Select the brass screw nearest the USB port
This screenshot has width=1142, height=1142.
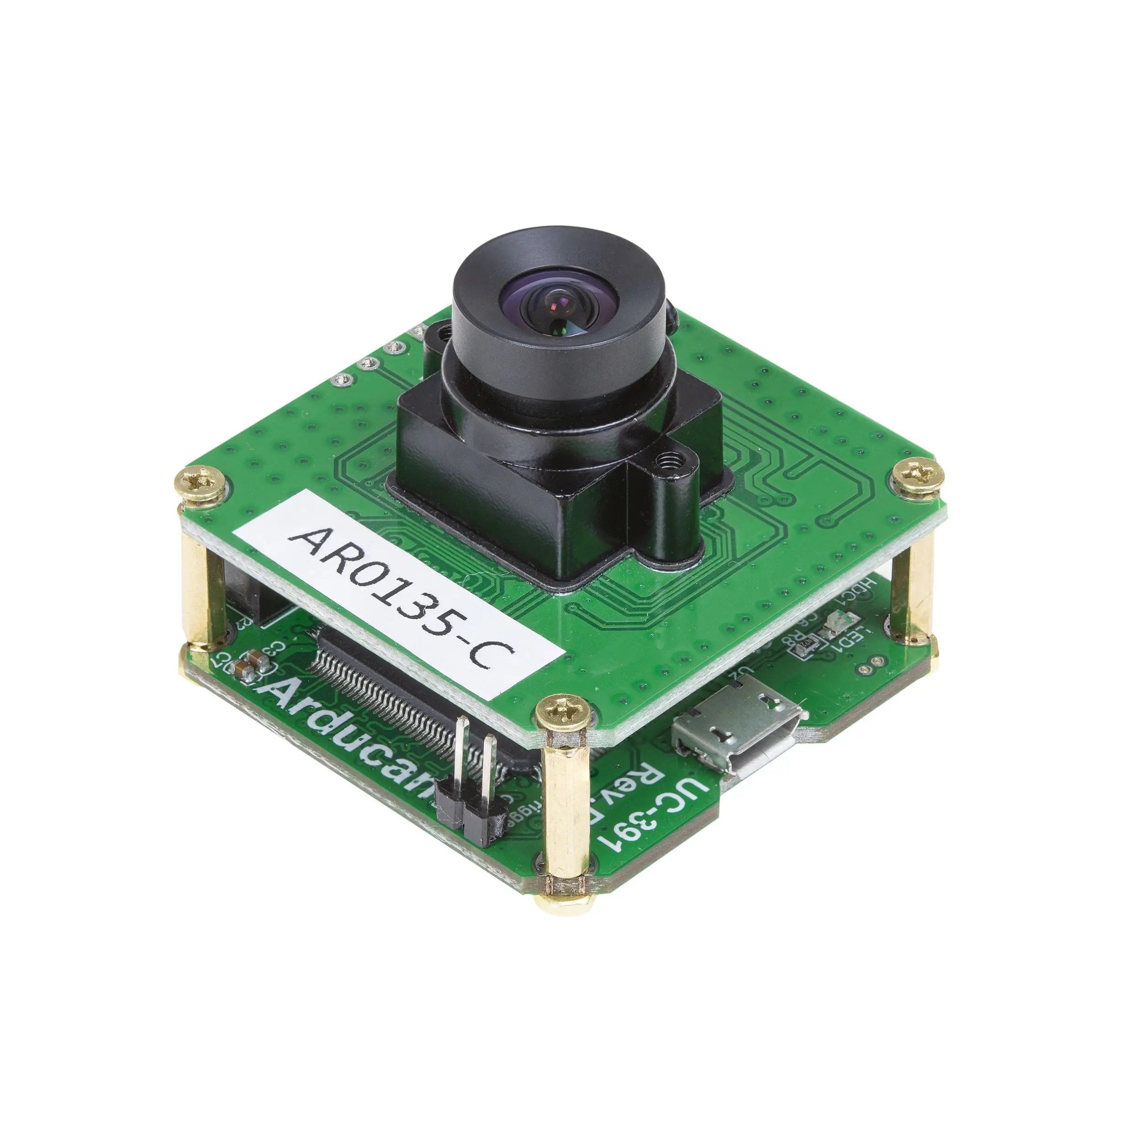coord(563,715)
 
